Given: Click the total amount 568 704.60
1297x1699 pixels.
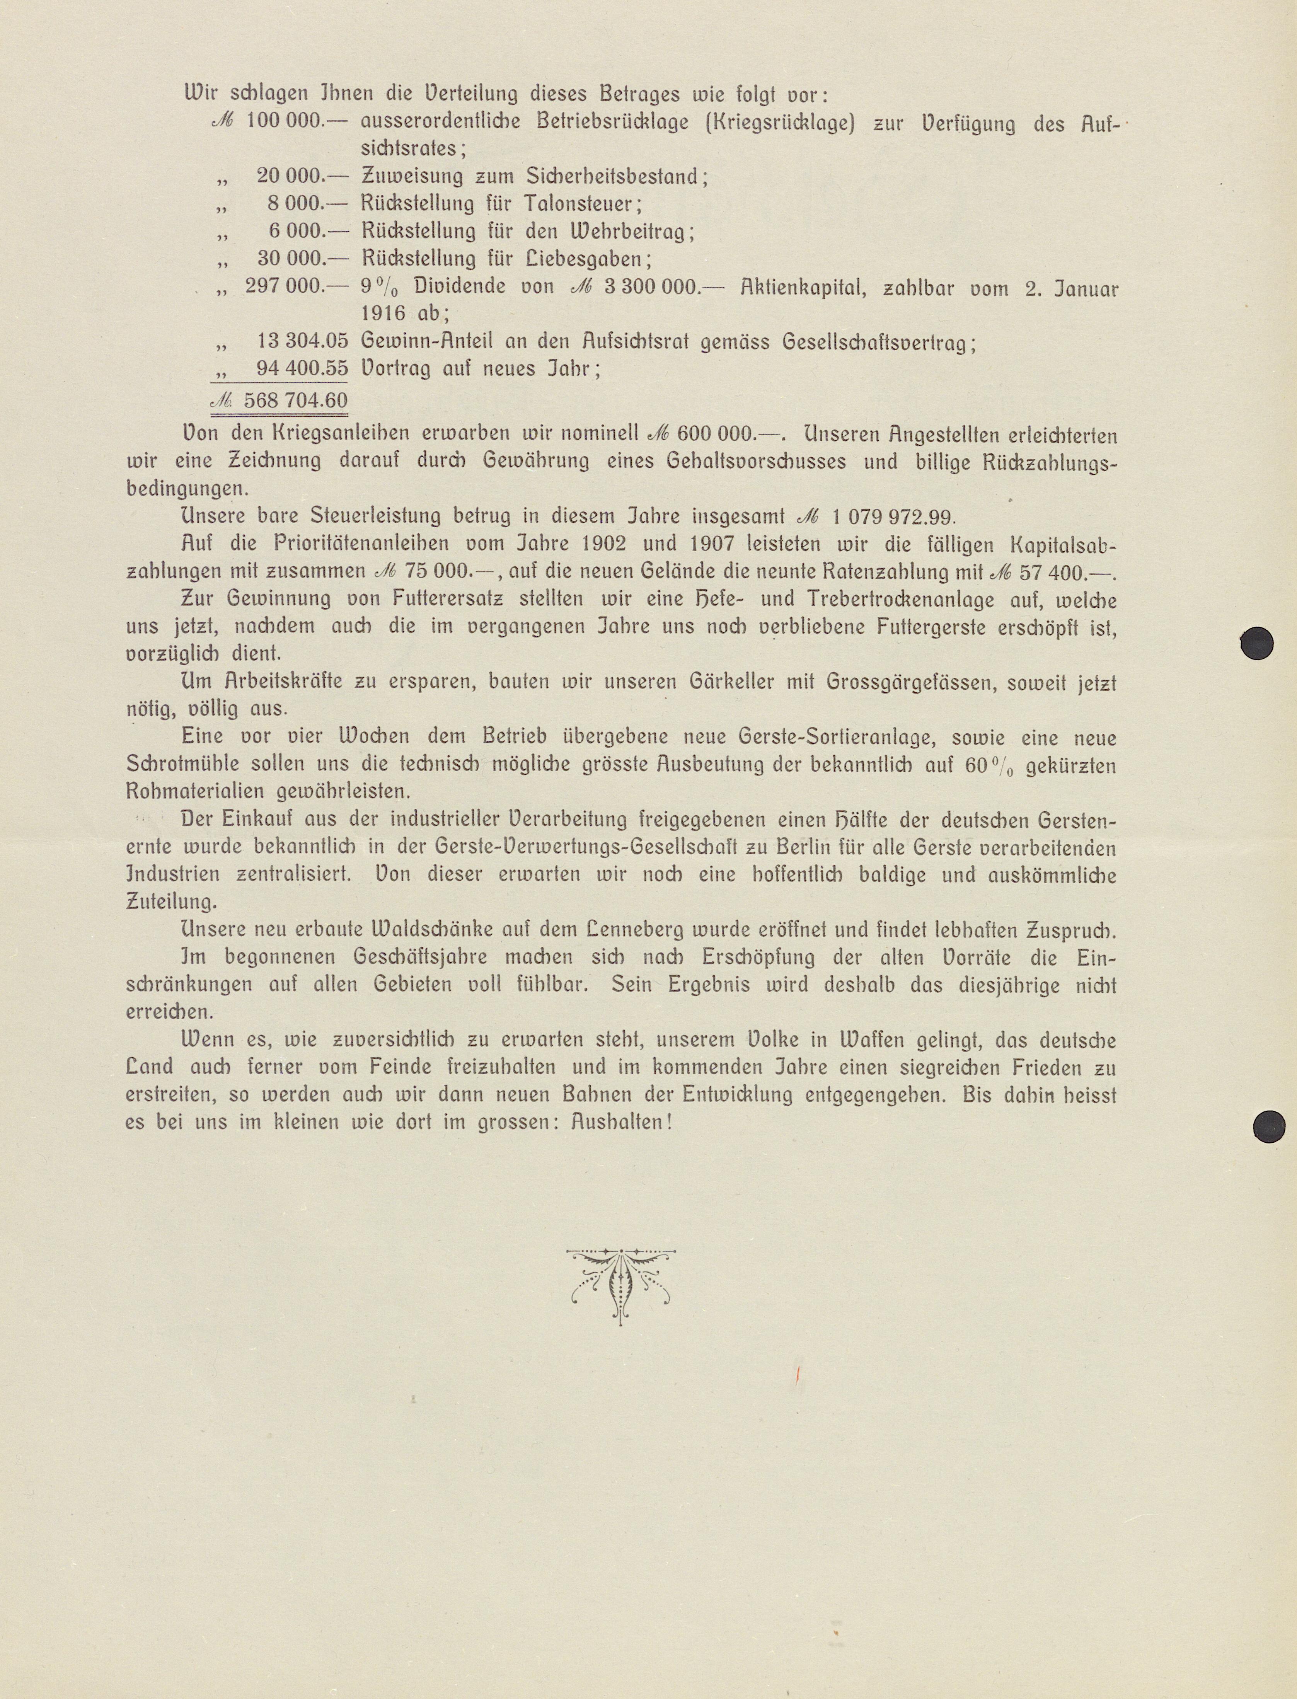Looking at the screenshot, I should click(295, 400).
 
